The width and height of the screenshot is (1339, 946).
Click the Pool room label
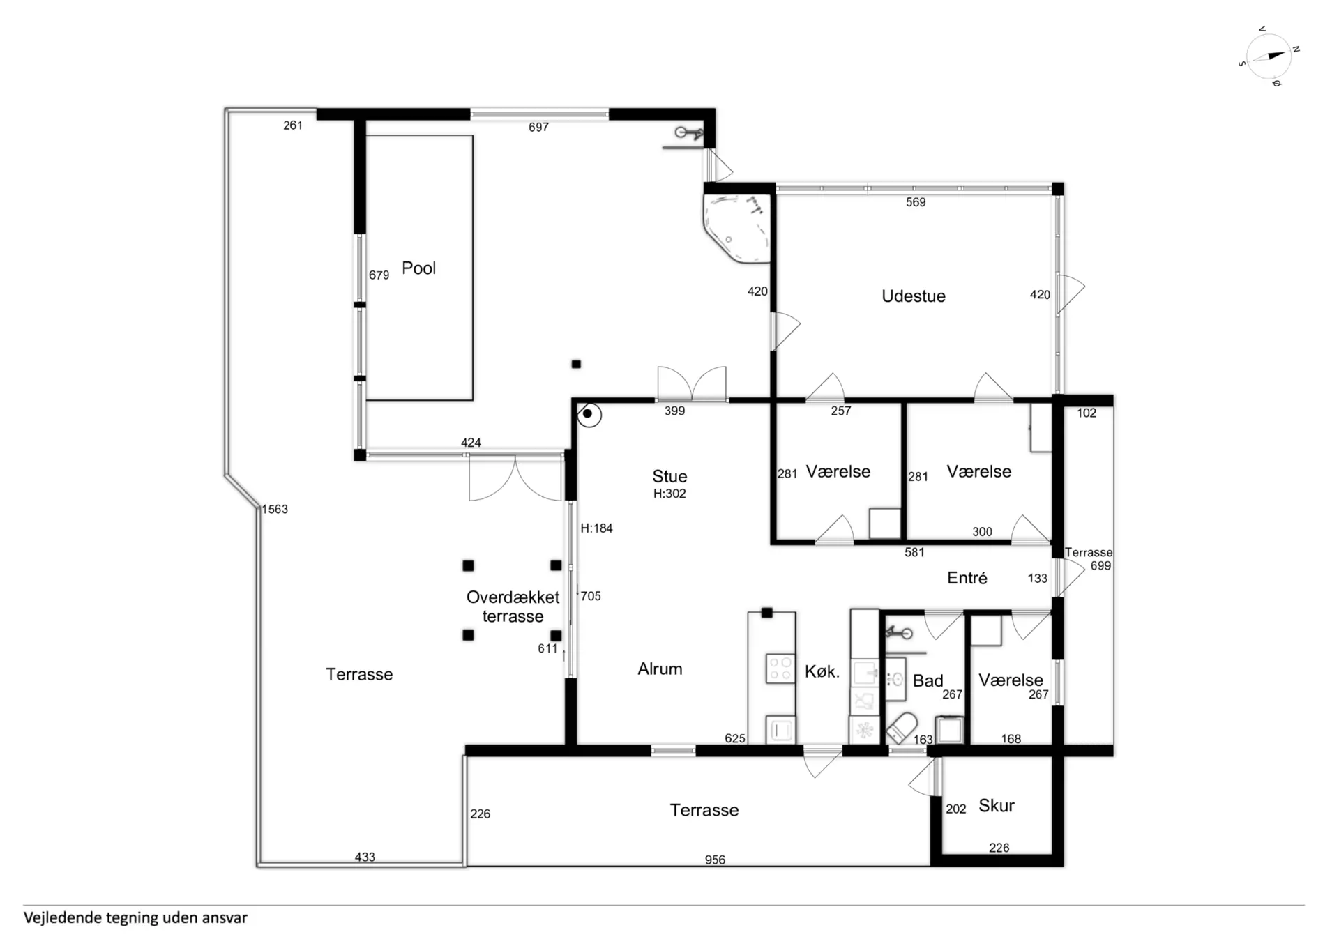pos(418,268)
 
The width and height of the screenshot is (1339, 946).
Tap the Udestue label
pos(914,296)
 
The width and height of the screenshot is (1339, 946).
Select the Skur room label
pos(997,806)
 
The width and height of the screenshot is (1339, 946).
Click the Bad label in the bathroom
pos(928,681)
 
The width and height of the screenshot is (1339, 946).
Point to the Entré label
pos(967,578)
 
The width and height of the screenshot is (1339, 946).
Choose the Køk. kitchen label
pos(822,672)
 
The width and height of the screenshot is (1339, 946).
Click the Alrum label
pos(660,669)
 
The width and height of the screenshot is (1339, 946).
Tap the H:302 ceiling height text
pos(669,494)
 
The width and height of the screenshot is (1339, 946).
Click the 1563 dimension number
pos(275,510)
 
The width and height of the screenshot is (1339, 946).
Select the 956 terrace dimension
pos(715,860)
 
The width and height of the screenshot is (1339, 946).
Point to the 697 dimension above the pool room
pos(538,128)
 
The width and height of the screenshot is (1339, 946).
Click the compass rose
pos(1269,56)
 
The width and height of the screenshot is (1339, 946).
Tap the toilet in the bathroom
pos(902,727)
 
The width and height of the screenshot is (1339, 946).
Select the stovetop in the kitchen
pos(780,669)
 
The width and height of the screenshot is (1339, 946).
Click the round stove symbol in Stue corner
pos(589,415)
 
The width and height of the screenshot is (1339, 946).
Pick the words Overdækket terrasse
pos(513,607)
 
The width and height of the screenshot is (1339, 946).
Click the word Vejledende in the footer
pos(61,918)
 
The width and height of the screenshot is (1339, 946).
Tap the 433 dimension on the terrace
pos(365,857)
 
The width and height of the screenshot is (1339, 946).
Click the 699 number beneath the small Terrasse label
pos(1100,566)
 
